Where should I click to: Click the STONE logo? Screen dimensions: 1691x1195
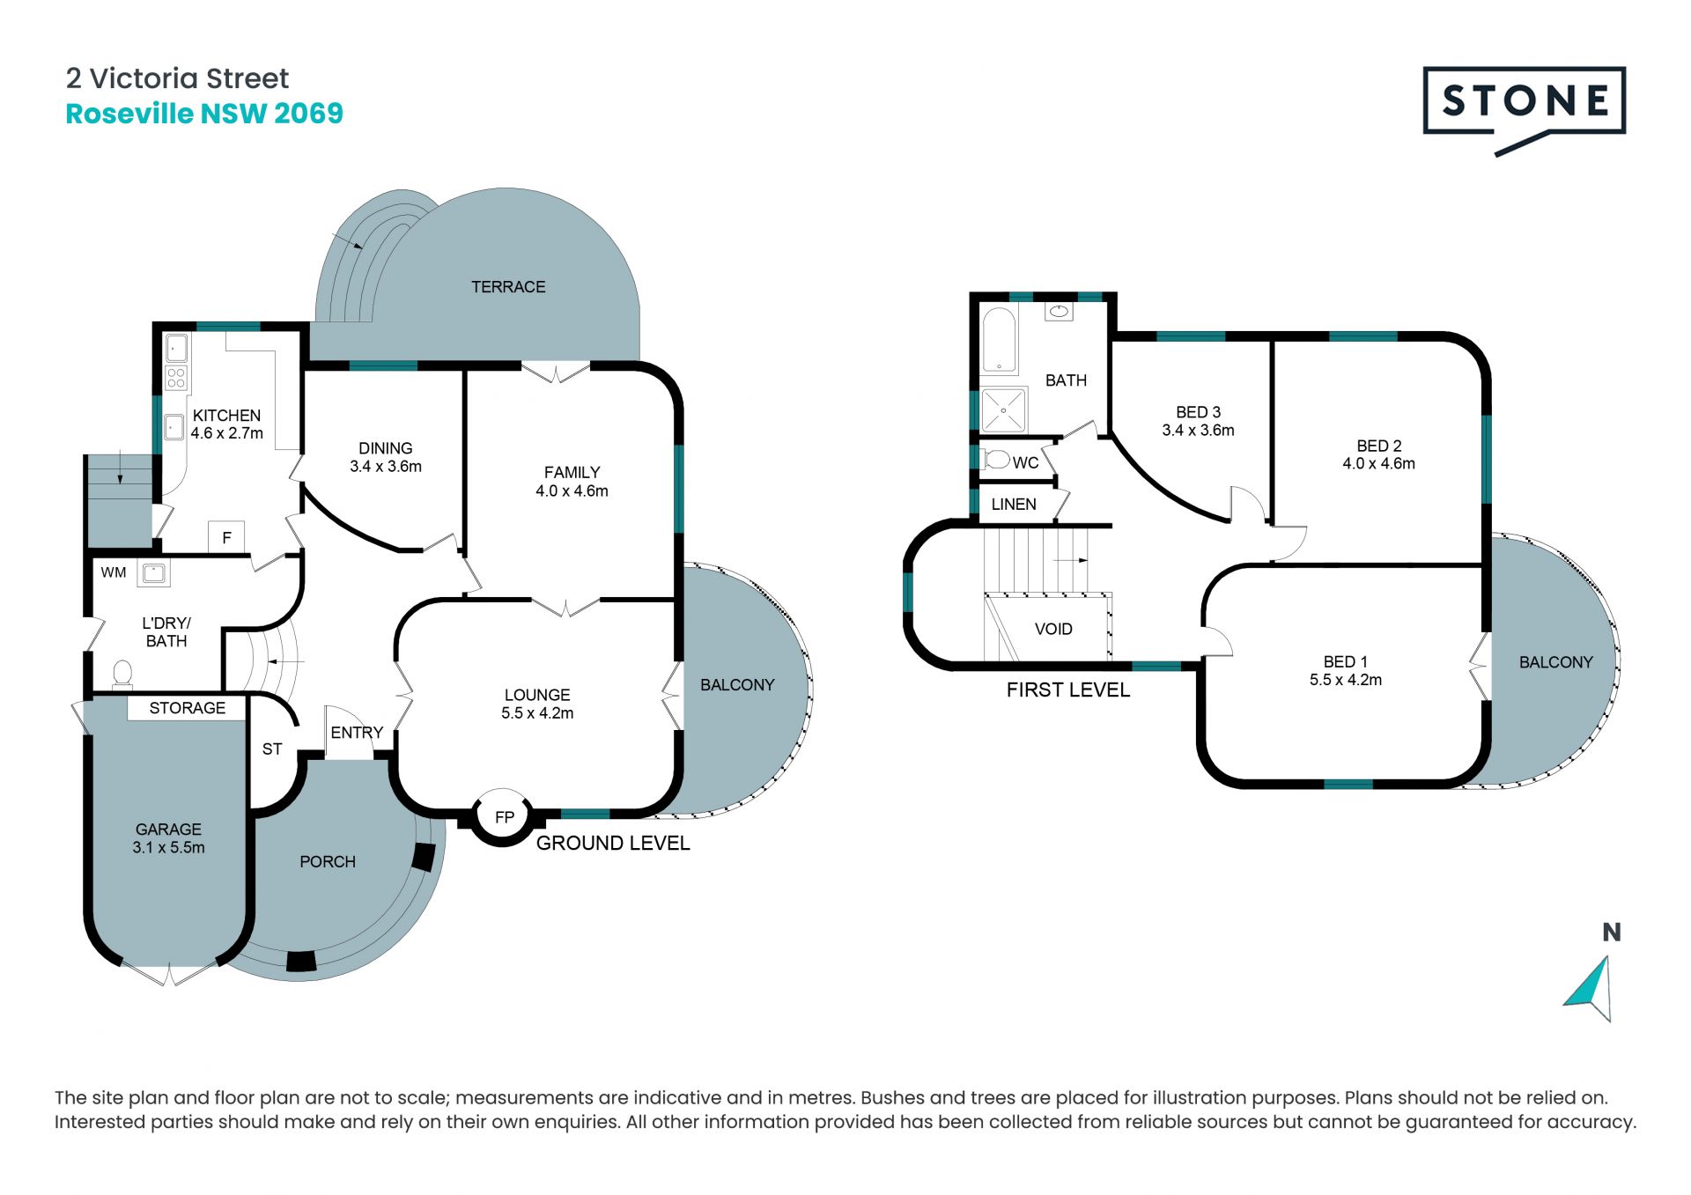click(x=1524, y=107)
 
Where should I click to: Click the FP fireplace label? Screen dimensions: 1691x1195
click(x=505, y=817)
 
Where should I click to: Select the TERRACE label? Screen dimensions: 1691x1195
click(x=508, y=287)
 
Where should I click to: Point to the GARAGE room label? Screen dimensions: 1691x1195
click(x=168, y=830)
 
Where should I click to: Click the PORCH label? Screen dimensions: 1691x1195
click(x=328, y=862)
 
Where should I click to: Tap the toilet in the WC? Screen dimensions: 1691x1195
click(x=996, y=460)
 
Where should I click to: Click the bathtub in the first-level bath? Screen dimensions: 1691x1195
click(x=999, y=341)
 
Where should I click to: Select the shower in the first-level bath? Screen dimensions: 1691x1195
click(x=1003, y=410)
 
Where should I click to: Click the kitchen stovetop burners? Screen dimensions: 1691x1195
click(x=176, y=379)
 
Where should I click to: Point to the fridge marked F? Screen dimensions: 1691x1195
click(x=226, y=537)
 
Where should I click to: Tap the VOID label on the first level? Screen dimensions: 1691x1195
click(x=1053, y=629)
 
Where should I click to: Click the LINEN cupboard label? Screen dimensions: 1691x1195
click(x=1014, y=505)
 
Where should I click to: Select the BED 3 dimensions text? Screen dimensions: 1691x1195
click(x=1198, y=431)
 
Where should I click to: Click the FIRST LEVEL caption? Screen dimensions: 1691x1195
click(x=1068, y=690)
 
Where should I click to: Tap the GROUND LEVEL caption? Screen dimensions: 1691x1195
click(x=613, y=844)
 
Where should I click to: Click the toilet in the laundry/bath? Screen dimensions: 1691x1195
click(x=122, y=674)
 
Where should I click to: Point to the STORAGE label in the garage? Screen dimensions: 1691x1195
click(x=187, y=708)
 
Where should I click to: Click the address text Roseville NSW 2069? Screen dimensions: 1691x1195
click(x=204, y=114)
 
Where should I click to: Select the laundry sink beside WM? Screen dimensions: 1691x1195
click(x=154, y=573)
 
